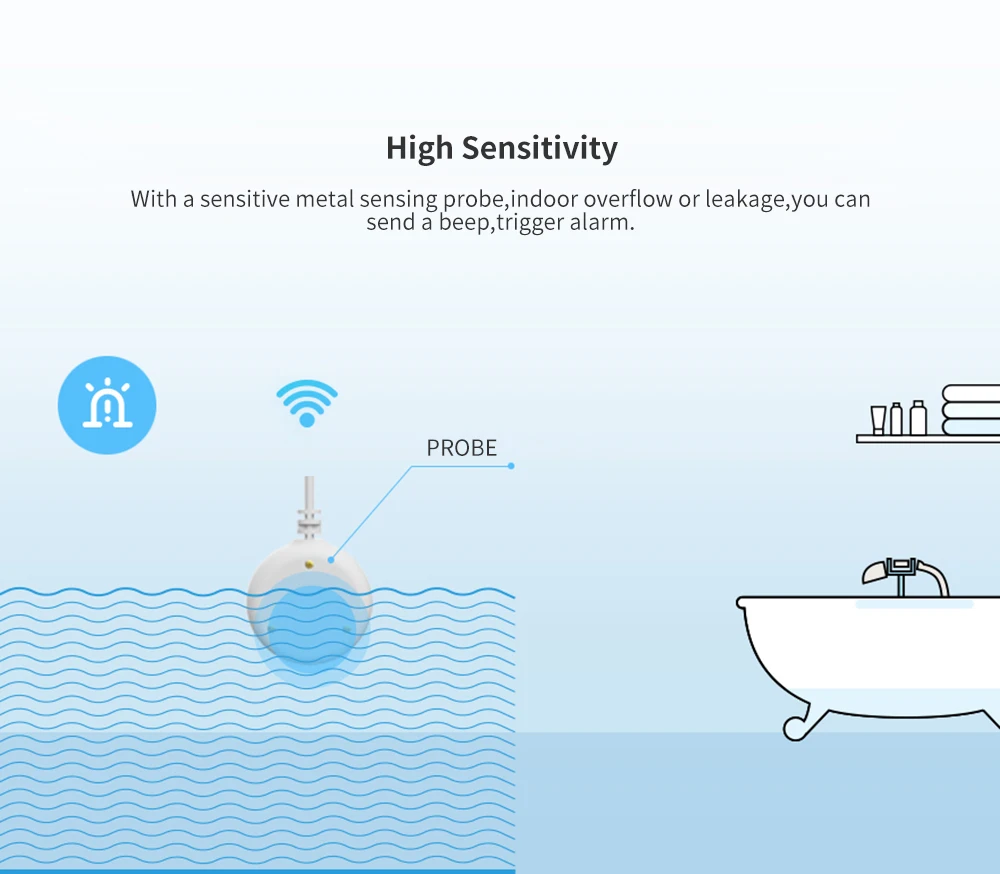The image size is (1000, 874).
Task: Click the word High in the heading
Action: tap(420, 148)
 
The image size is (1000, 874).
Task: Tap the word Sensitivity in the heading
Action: tap(539, 148)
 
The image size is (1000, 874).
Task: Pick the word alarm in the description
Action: tap(601, 222)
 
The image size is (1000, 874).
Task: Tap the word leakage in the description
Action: tap(746, 199)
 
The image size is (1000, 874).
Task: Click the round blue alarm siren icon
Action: tap(107, 405)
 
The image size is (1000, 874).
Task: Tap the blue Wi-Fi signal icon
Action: tap(307, 402)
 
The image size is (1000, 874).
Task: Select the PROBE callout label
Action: tap(461, 448)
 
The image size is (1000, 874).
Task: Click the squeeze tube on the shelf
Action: tap(878, 420)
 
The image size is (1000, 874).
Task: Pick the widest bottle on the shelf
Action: tap(918, 419)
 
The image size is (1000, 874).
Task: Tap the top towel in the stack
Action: tap(971, 393)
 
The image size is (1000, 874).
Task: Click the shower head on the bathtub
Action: tap(874, 571)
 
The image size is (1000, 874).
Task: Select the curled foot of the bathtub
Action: tap(796, 729)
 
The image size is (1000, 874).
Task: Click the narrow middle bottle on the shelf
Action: tap(897, 419)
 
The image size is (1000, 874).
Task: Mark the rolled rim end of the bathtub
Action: tap(742, 602)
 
